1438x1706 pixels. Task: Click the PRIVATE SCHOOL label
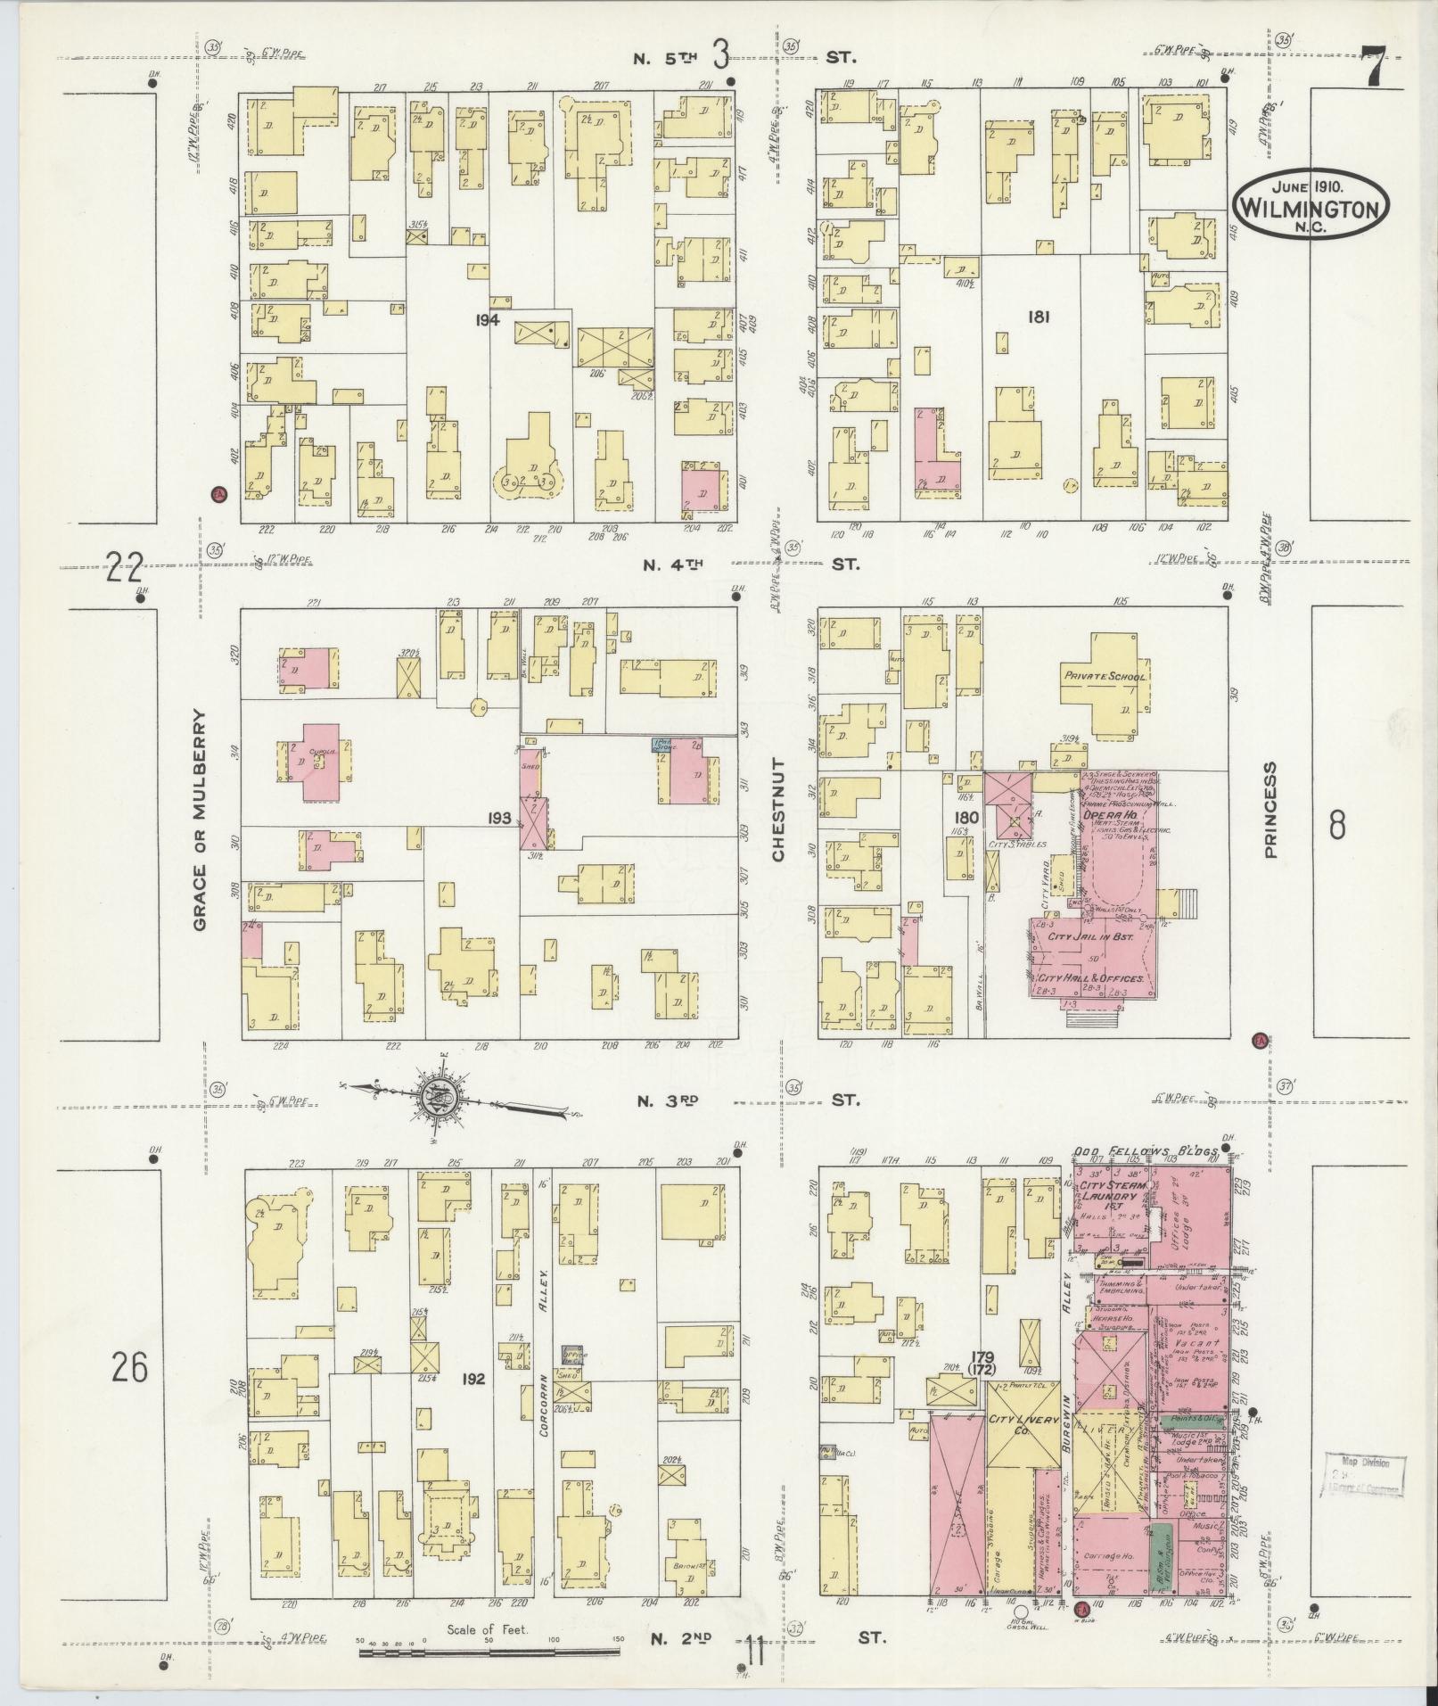(1104, 677)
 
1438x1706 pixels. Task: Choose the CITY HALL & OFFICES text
(1089, 978)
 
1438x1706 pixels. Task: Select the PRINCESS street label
(1270, 810)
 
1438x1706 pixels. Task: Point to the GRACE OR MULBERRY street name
(200, 820)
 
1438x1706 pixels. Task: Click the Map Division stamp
(1363, 1475)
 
